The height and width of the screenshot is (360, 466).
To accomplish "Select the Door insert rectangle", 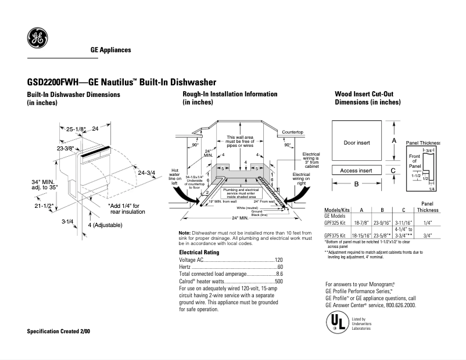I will [357, 142].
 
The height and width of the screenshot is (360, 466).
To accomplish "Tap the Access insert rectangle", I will [357, 171].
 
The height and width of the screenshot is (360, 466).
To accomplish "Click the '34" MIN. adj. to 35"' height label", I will [44, 185].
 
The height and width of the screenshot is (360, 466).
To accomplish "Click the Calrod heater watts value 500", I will [278, 281].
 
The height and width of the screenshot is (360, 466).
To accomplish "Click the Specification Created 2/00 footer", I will [59, 331].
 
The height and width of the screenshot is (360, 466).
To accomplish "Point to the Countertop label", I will [293, 132].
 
